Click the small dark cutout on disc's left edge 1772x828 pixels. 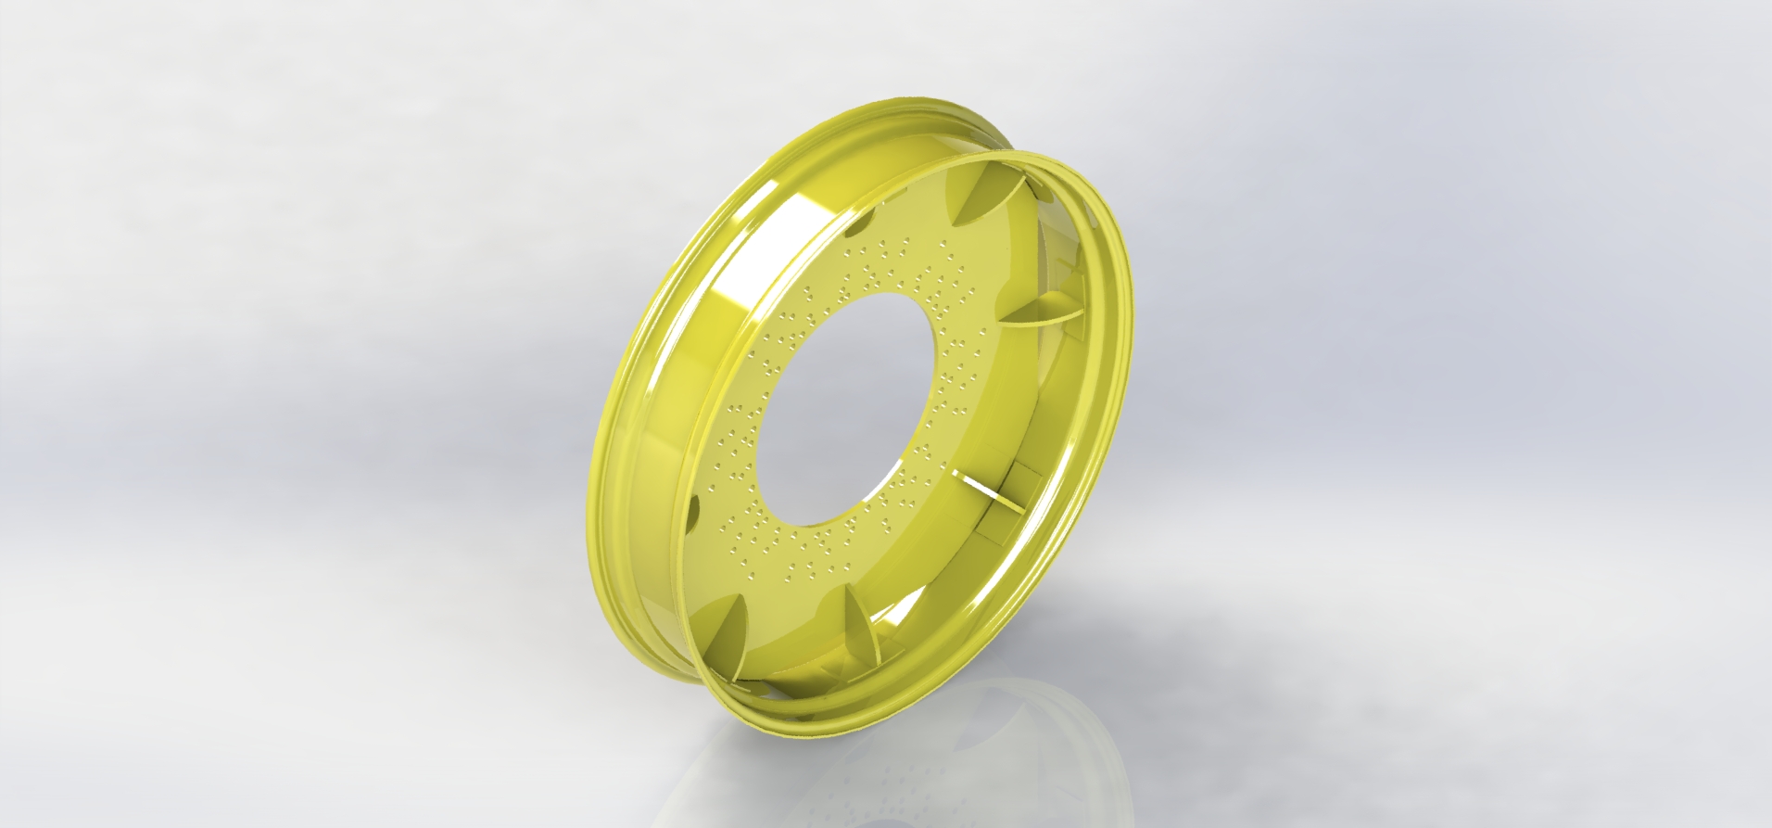tap(694, 508)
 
